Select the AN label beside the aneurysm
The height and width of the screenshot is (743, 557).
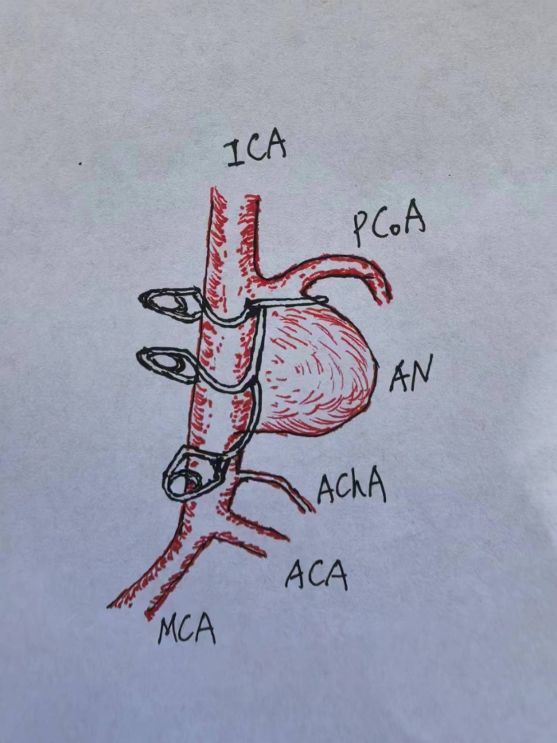411,373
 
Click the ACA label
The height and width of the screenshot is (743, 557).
317,574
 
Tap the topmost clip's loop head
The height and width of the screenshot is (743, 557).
170,303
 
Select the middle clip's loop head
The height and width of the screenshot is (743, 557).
168,364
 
